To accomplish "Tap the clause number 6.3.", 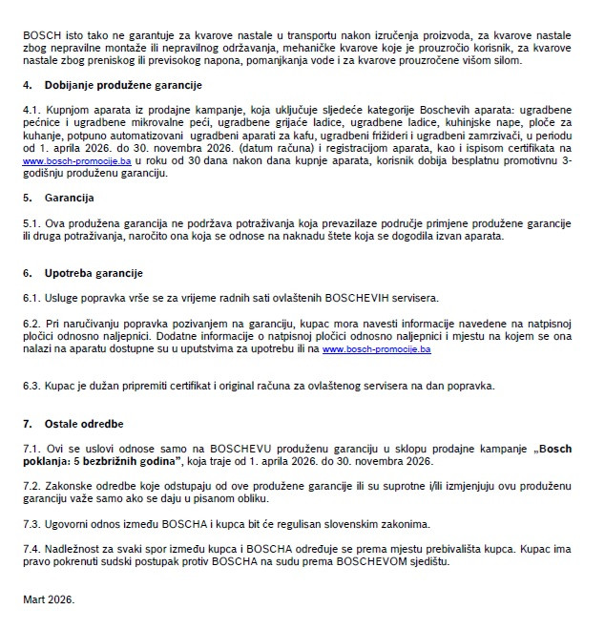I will pos(32,386).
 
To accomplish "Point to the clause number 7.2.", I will pos(32,485).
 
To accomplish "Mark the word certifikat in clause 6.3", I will pos(158,386).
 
